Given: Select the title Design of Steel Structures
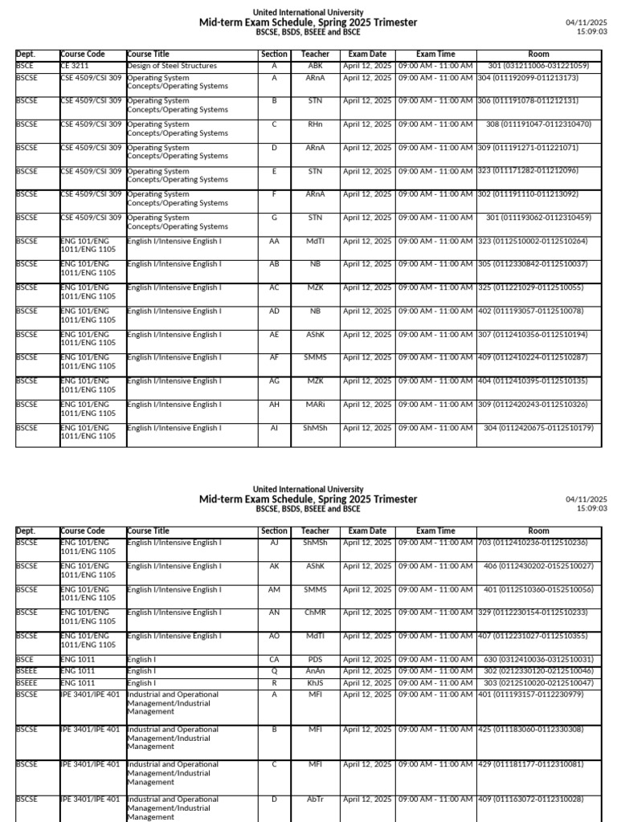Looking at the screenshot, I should pyautogui.click(x=171, y=66).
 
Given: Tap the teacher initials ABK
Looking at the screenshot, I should pyautogui.click(x=315, y=66).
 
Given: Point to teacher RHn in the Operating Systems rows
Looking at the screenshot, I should pyautogui.click(x=315, y=124).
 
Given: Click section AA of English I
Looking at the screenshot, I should pyautogui.click(x=274, y=241).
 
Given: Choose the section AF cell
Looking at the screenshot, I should pyautogui.click(x=274, y=357).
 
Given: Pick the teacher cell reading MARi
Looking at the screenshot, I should pyautogui.click(x=315, y=405).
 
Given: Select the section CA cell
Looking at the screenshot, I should pyautogui.click(x=274, y=659).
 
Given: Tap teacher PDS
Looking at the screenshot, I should pyautogui.click(x=315, y=659).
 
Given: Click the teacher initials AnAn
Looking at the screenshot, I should pyautogui.click(x=315, y=671).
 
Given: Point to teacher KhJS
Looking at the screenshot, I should pyautogui.click(x=315, y=682).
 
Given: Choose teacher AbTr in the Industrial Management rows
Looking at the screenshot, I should pyautogui.click(x=315, y=800).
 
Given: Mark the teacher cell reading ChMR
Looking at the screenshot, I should pyautogui.click(x=315, y=612).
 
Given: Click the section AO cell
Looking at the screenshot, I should pyautogui.click(x=274, y=636).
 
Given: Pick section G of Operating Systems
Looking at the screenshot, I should pyautogui.click(x=274, y=218).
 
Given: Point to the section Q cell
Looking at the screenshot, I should pyautogui.click(x=274, y=671).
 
